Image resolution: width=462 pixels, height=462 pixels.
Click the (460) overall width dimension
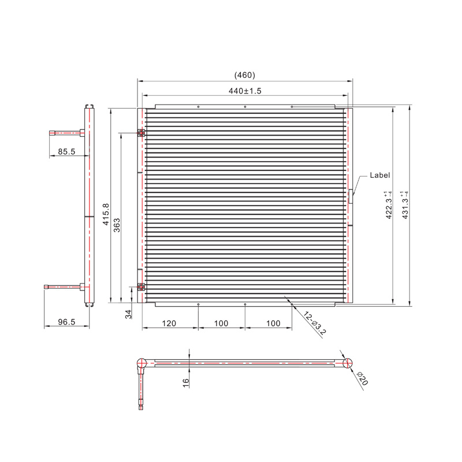[x=244, y=75]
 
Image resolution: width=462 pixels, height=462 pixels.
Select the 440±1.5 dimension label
[x=245, y=91]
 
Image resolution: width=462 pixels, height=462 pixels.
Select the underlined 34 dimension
[x=129, y=314]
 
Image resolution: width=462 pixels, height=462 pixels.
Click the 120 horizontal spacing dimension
[x=169, y=323]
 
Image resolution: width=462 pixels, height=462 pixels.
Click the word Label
[x=380, y=175]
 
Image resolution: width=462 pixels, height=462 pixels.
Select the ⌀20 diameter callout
[x=362, y=379]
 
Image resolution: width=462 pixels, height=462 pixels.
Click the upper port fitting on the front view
[x=141, y=133]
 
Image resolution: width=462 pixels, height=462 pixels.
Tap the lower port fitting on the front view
[x=141, y=287]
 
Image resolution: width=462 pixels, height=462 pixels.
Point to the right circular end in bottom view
[x=348, y=363]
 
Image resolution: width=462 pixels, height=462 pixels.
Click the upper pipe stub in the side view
[x=64, y=133]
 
